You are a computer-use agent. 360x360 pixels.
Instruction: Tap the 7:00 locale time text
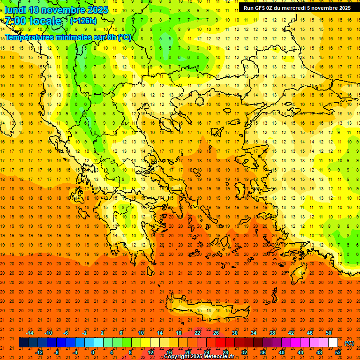point(33,21)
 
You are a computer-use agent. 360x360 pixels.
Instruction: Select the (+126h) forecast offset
point(83,21)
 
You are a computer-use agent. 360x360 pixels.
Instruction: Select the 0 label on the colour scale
point(93,352)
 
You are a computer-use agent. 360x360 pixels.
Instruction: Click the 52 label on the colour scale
point(338,352)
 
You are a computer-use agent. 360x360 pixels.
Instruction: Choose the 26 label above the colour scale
point(216,333)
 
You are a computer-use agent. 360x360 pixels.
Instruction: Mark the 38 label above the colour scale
point(272,333)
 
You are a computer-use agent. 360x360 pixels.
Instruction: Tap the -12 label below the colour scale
point(39,352)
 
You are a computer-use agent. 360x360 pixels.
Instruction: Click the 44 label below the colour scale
point(300,352)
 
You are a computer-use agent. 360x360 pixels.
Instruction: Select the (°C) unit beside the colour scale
point(349,343)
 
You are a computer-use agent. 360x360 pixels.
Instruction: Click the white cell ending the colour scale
point(333,343)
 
